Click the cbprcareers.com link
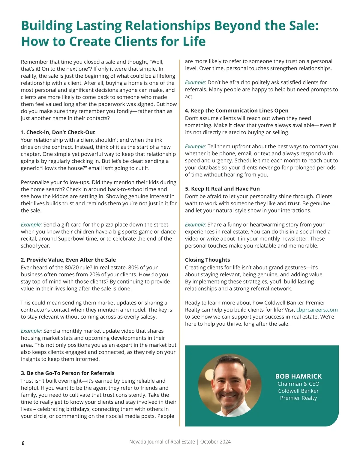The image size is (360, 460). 317,310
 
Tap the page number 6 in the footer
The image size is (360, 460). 23,443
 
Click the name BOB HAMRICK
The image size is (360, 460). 298,376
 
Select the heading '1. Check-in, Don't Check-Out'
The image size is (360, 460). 58,132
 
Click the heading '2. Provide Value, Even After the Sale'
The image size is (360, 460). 68,260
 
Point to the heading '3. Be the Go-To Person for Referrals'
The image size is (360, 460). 67,373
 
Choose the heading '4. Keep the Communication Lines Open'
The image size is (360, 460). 236,111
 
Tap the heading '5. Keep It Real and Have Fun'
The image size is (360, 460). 222,189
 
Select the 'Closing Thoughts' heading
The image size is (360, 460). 207,260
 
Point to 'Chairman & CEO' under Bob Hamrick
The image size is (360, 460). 298,384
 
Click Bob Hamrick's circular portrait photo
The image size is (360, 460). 230,385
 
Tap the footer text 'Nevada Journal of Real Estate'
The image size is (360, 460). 162,442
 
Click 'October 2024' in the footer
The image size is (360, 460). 215,442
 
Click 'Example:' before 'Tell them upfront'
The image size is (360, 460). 195,147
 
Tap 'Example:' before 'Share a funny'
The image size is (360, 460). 195,225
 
